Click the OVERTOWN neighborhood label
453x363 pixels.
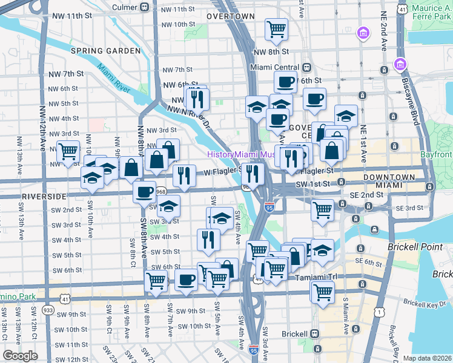click(230, 16)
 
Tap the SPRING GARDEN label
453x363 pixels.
click(106, 51)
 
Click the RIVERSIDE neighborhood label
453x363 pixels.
click(44, 197)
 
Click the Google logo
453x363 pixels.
click(20, 356)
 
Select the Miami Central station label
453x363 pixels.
click(277, 67)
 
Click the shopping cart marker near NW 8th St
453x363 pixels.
click(276, 28)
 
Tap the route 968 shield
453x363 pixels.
click(160, 192)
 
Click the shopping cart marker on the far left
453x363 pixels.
click(68, 150)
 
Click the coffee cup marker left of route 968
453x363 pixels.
click(144, 192)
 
